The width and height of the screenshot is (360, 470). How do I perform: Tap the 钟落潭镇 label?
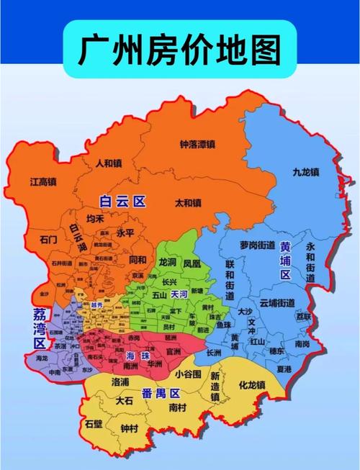point(197,144)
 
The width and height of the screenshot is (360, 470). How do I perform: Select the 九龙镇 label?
point(305,172)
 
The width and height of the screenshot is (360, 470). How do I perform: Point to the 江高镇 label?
point(44,182)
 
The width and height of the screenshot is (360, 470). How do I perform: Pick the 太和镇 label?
point(191,203)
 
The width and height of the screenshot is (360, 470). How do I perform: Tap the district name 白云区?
point(122,202)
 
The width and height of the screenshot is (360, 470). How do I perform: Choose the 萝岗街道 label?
point(258,245)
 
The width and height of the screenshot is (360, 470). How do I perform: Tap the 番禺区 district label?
point(160,392)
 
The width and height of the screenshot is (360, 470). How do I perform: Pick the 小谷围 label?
point(188,374)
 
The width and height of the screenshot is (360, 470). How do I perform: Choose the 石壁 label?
point(94,424)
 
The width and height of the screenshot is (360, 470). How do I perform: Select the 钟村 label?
point(130,429)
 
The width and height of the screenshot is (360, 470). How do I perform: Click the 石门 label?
point(48,240)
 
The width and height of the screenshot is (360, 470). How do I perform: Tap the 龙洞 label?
point(167,263)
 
